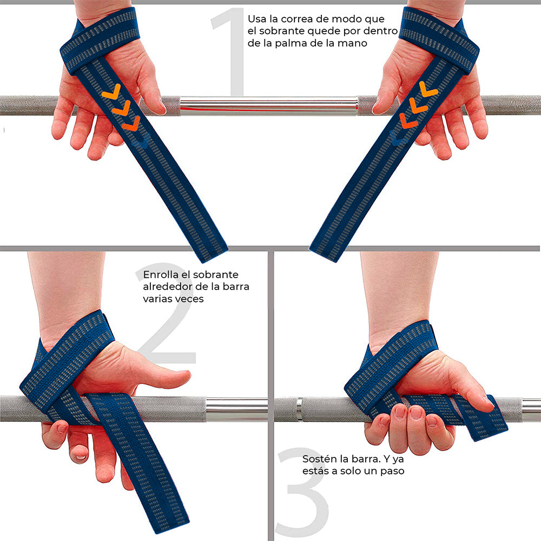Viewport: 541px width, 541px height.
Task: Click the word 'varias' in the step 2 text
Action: [x=158, y=299]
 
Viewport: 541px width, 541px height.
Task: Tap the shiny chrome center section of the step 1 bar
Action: [x=268, y=105]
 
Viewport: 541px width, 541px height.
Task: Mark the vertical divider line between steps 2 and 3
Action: [x=271, y=395]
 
